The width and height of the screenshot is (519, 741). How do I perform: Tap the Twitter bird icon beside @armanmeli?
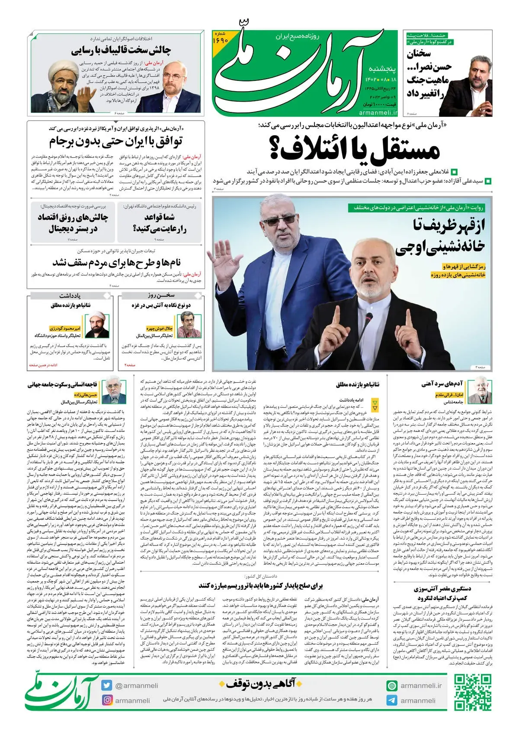[107, 685]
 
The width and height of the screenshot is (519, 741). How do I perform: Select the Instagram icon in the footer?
[107, 700]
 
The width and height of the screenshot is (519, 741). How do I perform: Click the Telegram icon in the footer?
[392, 700]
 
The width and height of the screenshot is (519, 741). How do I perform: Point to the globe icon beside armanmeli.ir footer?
[392, 686]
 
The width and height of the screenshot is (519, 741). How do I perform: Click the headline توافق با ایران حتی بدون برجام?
[115, 142]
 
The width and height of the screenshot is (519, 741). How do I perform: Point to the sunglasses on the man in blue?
[279, 221]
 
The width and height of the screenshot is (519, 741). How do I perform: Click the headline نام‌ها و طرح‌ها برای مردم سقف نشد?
[116, 262]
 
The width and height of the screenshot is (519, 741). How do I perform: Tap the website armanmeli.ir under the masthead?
[378, 112]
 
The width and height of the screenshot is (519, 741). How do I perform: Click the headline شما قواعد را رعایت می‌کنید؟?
[159, 223]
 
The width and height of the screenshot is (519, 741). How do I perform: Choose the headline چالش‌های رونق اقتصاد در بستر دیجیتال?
[73, 223]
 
